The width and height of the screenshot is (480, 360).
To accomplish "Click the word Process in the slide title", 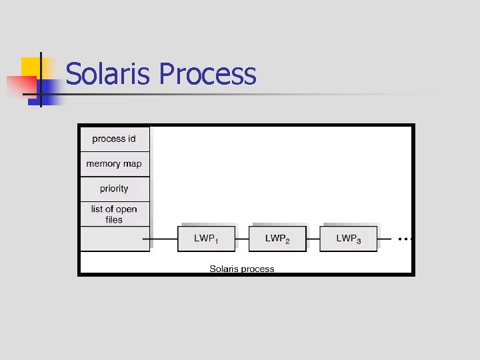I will point(208,73).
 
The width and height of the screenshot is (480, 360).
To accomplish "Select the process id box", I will point(114,139).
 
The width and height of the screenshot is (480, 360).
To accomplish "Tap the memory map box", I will point(114,164).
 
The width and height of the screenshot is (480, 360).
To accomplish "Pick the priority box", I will point(114,189).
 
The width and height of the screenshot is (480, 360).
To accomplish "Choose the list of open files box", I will point(114,214).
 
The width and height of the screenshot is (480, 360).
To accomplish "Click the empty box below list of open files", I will point(114,239).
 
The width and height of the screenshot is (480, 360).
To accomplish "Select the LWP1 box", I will point(206,239).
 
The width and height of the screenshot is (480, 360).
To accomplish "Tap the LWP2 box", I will point(277,239).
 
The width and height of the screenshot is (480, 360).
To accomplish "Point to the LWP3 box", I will point(348,239).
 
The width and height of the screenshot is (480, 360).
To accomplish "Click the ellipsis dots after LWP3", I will point(405,238).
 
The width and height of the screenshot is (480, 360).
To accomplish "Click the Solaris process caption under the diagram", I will point(242,269).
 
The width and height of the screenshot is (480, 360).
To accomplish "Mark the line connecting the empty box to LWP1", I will point(163,239).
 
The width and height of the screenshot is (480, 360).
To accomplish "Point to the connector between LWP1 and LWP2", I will point(242,239).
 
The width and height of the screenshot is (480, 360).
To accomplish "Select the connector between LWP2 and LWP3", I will point(313,239).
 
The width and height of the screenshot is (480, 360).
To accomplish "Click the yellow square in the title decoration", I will point(31,66).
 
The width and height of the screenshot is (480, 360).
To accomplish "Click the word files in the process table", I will point(114,219).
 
